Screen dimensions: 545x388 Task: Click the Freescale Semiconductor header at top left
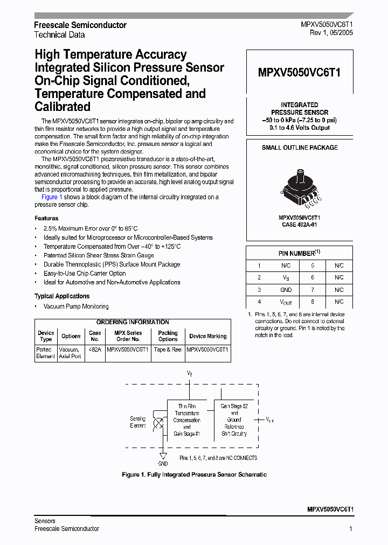pyautogui.click(x=80, y=25)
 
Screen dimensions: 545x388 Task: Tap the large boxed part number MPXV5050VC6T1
pyautogui.click(x=300, y=73)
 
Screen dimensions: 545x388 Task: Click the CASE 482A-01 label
pyautogui.click(x=300, y=225)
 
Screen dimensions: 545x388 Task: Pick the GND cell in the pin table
pyautogui.click(x=286, y=290)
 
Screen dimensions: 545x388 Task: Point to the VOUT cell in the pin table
pyautogui.click(x=286, y=302)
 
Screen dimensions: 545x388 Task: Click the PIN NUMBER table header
pyautogui.click(x=300, y=253)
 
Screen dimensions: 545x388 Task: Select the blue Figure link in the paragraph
pyautogui.click(x=50, y=197)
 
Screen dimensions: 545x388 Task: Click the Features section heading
pyautogui.click(x=46, y=218)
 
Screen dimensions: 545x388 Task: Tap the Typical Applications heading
pyautogui.click(x=62, y=296)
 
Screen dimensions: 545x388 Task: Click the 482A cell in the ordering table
pyautogui.click(x=95, y=350)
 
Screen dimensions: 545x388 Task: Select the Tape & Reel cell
pyautogui.click(x=168, y=350)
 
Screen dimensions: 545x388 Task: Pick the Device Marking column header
pyautogui.click(x=208, y=336)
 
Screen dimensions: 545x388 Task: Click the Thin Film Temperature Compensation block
pyautogui.click(x=187, y=420)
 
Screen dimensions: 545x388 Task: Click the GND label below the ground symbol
pyautogui.click(x=163, y=464)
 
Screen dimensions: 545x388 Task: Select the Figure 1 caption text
pyautogui.click(x=194, y=474)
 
